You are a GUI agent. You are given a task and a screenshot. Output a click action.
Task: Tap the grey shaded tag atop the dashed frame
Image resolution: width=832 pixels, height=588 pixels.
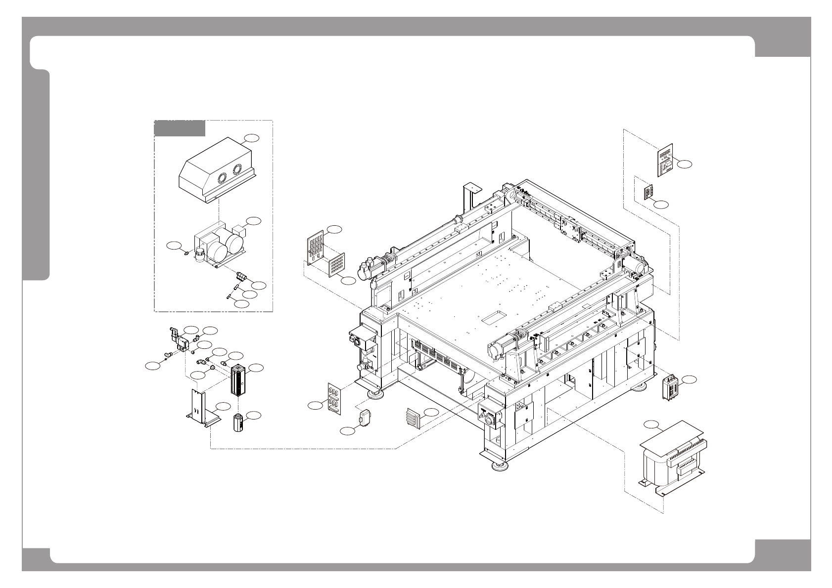(x=180, y=128)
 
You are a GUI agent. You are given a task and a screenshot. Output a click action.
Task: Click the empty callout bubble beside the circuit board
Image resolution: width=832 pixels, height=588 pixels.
(x=685, y=164)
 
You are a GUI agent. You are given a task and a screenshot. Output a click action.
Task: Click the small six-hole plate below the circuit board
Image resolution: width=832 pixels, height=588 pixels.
(x=648, y=193)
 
